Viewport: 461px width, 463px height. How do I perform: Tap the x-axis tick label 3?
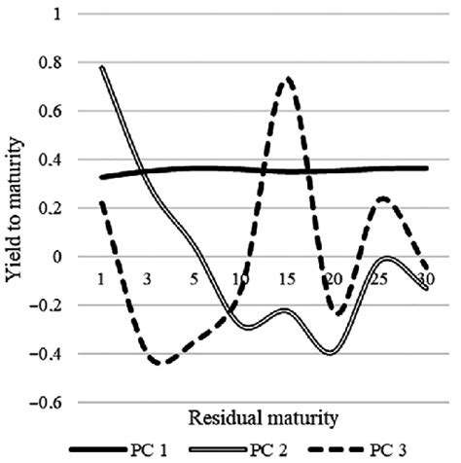[147, 280]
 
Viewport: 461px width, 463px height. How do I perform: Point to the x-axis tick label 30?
[424, 280]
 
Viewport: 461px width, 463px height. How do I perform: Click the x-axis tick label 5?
[193, 280]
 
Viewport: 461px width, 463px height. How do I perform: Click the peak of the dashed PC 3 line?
[286, 79]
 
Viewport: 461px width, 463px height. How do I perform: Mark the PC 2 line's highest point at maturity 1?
[101, 67]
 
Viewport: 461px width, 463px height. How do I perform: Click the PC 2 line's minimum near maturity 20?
[332, 352]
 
